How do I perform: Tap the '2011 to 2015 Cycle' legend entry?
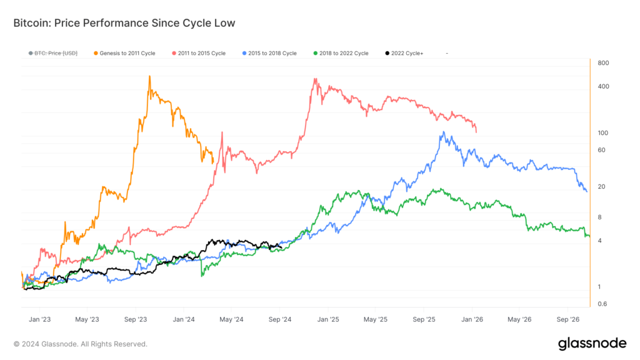coord(198,54)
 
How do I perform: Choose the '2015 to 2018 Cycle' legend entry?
coord(269,54)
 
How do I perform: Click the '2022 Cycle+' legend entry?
coord(407,54)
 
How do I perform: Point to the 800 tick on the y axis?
coord(602,63)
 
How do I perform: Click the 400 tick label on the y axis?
coord(602,86)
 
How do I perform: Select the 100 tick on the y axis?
coord(602,133)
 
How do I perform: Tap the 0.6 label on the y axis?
coord(602,304)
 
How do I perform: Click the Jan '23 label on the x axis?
coord(39,319)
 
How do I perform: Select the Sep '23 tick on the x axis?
coord(136,319)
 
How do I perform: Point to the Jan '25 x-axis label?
coord(328,319)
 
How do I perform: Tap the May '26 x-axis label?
coord(520,319)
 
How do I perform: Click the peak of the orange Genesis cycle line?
coord(149,76)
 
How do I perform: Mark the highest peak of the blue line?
coord(442,132)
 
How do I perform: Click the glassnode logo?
coord(591,343)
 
